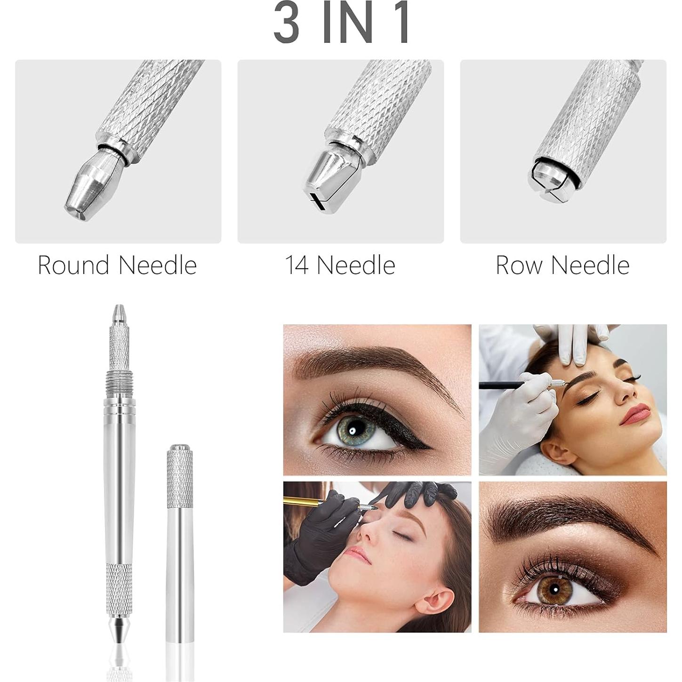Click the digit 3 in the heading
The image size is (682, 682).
tap(287, 23)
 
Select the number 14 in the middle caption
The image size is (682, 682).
tap(297, 265)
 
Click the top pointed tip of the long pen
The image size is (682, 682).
tap(119, 313)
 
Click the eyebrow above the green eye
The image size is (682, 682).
tap(377, 362)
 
